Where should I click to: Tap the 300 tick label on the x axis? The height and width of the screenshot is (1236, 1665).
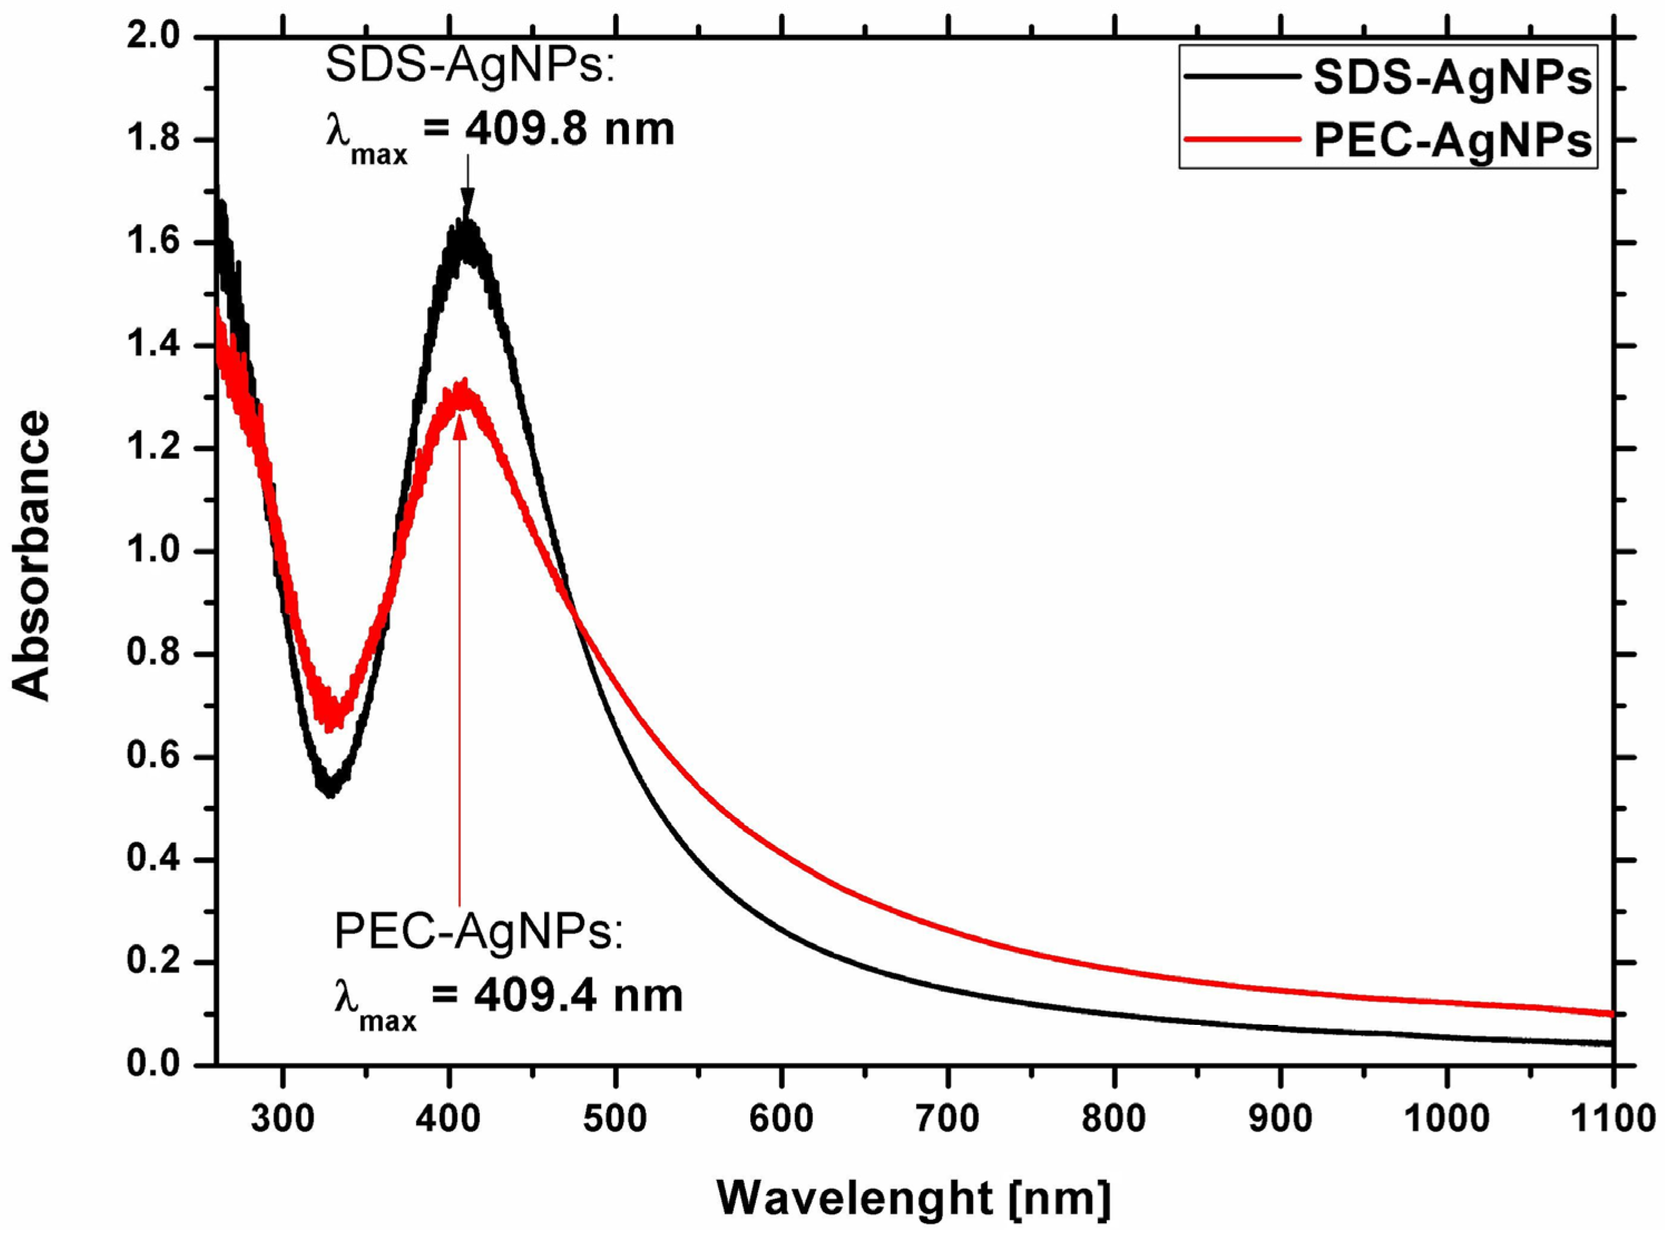[282, 1118]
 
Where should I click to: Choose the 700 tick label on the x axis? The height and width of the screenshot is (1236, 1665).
[948, 1118]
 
